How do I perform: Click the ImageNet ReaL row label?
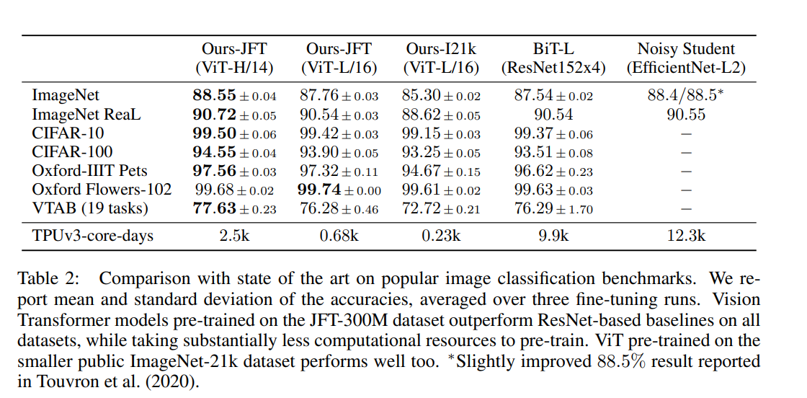point(86,115)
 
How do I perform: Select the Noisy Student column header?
point(686,59)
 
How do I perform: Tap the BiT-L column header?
point(553,59)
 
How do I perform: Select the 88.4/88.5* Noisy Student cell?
point(686,96)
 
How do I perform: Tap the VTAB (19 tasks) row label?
point(90,209)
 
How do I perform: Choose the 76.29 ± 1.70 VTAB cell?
point(553,209)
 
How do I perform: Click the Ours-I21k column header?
point(441,59)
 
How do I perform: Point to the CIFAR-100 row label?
point(72,152)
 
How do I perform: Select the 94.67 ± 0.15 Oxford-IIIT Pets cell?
point(441,172)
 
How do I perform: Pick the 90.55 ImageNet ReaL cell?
point(686,115)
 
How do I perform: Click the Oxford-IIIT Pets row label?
point(90,172)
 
